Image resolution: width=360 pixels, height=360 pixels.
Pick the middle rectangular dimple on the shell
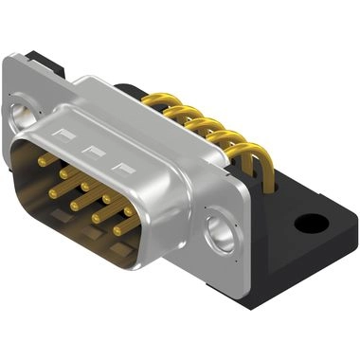(94, 152)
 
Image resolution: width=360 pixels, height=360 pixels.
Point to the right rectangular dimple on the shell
(121, 168)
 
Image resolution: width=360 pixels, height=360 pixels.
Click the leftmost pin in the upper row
(43, 162)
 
